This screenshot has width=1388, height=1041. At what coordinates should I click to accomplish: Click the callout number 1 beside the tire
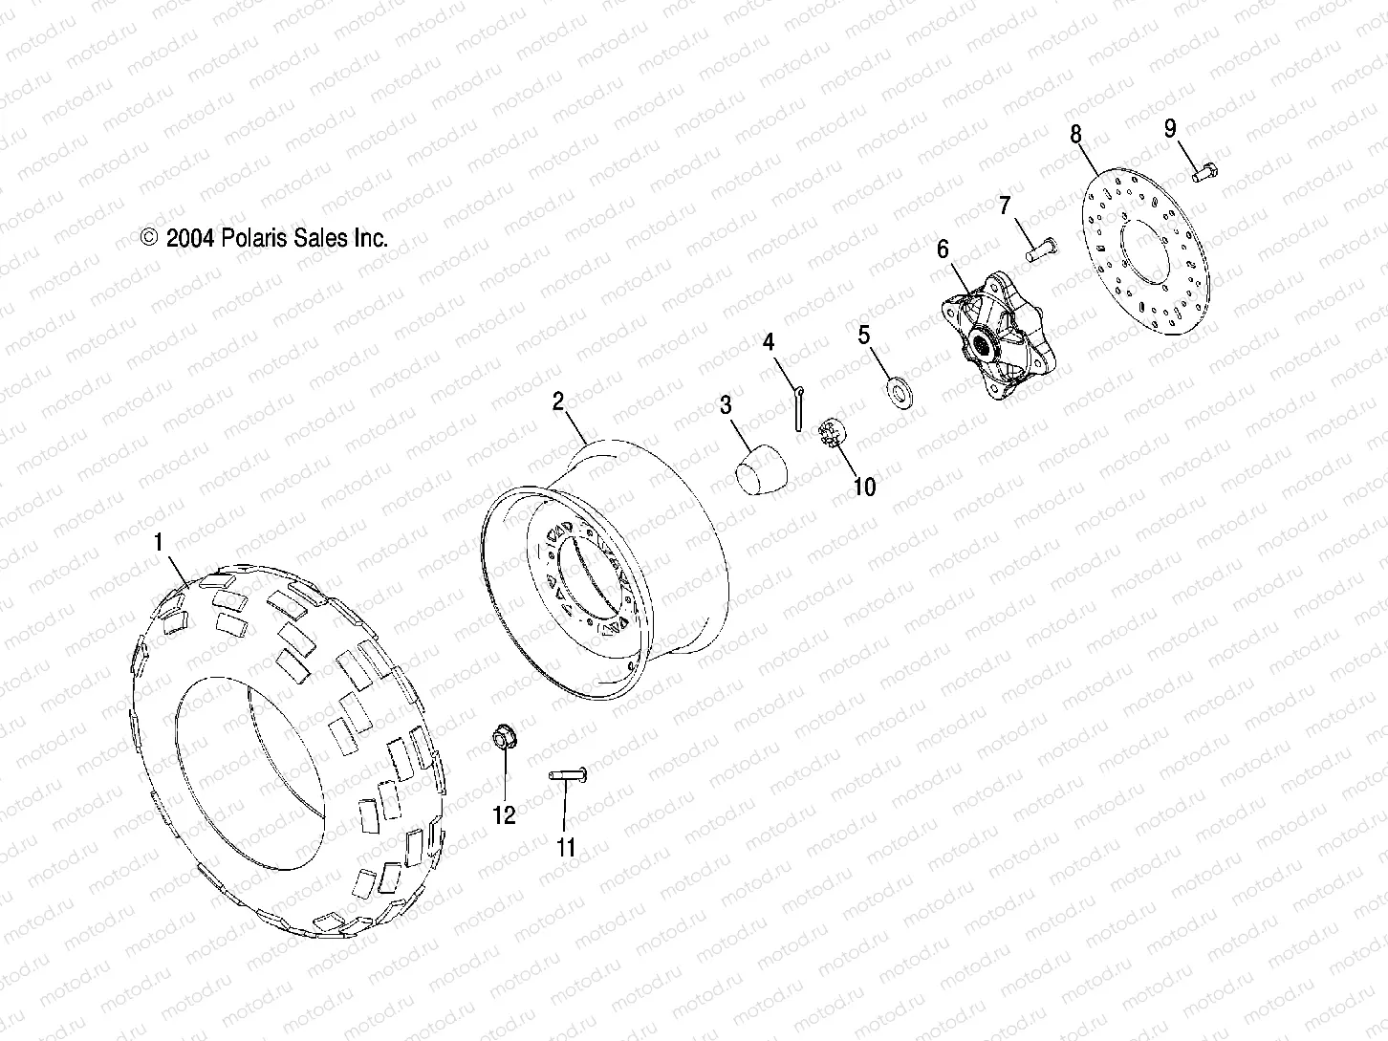[159, 543]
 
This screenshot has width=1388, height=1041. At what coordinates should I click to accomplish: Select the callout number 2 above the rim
[558, 402]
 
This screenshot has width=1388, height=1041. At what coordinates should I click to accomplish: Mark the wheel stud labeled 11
[567, 776]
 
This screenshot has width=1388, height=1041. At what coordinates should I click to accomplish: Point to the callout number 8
[1075, 134]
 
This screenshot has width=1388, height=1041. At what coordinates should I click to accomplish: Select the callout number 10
[863, 488]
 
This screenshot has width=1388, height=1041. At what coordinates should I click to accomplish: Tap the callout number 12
[504, 815]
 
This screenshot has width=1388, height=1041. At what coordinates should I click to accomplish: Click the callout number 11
[566, 847]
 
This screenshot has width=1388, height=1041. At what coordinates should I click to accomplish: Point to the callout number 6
[943, 250]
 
